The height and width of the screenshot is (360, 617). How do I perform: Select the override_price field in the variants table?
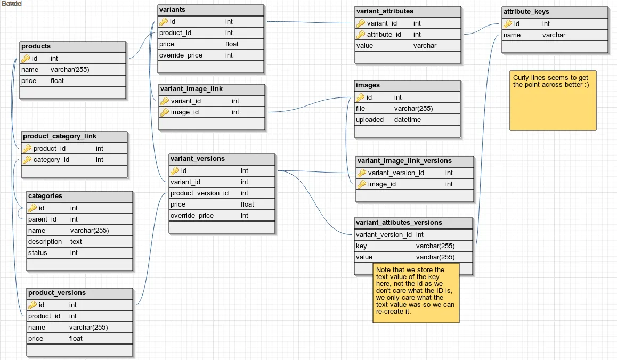181,55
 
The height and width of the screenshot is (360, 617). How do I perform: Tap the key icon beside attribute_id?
361,35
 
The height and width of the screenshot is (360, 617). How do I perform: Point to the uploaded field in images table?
370,120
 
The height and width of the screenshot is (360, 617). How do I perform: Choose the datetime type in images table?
408,120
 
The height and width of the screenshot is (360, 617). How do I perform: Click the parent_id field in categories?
42,219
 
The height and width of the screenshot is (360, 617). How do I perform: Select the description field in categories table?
45,242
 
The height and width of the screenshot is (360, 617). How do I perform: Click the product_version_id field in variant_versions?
199,193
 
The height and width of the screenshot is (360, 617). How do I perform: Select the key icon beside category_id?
27,160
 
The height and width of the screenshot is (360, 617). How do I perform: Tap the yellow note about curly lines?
553,100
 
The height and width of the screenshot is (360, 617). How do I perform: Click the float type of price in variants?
232,44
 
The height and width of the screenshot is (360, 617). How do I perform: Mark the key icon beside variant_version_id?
362,173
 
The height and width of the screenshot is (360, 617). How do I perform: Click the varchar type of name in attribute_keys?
554,35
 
